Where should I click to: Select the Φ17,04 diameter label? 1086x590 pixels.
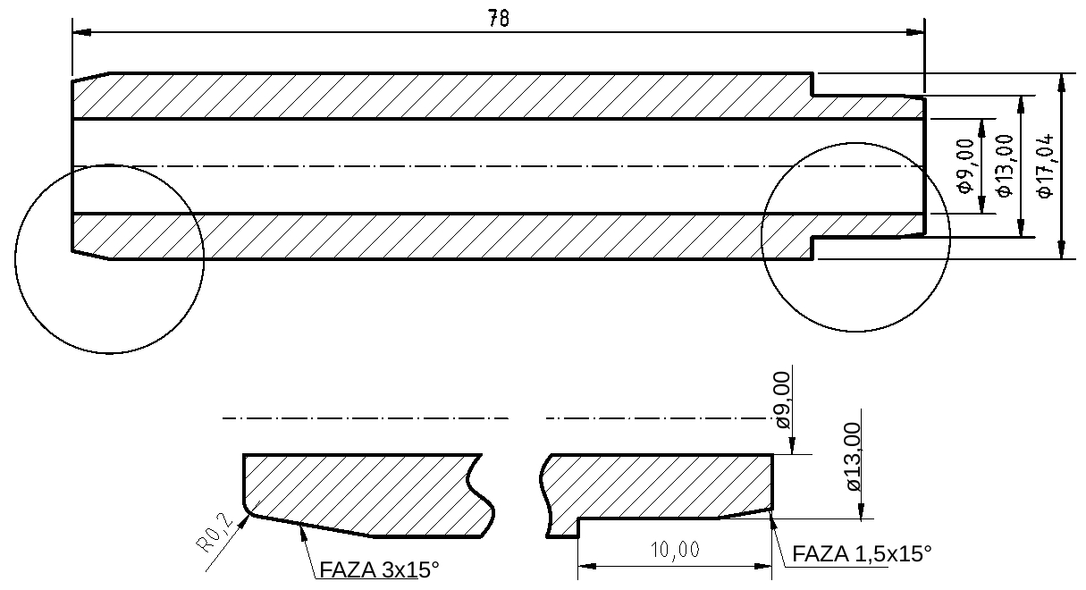[x=1043, y=166]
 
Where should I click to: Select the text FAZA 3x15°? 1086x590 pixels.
[x=379, y=569]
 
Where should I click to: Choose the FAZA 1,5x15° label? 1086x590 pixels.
[x=863, y=554]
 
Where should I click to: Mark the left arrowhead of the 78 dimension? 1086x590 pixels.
[x=80, y=33]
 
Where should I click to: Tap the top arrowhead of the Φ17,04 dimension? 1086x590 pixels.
[x=1061, y=80]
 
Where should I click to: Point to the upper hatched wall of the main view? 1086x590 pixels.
[x=447, y=96]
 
